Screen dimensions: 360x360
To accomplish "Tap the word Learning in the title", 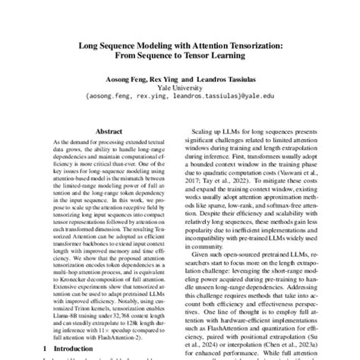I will pos(232,57).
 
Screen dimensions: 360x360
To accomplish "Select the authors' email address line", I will pos(180,97).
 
